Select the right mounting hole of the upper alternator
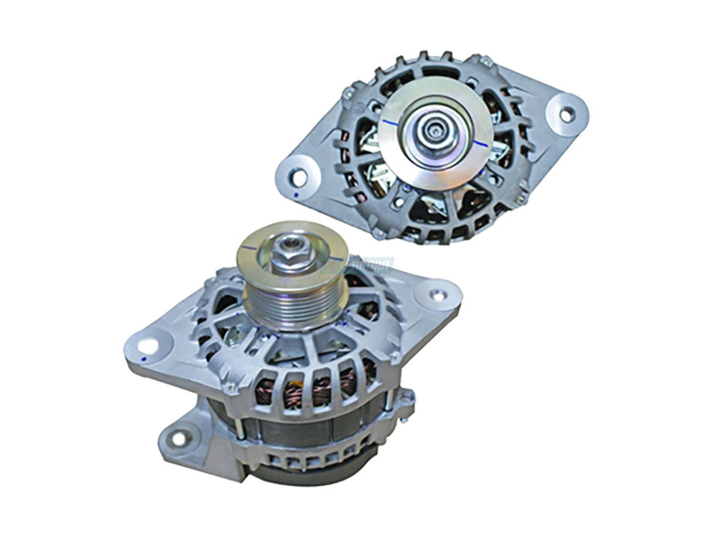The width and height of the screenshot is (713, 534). point(567,113)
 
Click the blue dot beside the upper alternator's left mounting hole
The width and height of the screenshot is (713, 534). point(295,194)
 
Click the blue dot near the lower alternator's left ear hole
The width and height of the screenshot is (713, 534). point(143,360)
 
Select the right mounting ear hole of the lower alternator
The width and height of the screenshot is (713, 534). point(438,293)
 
